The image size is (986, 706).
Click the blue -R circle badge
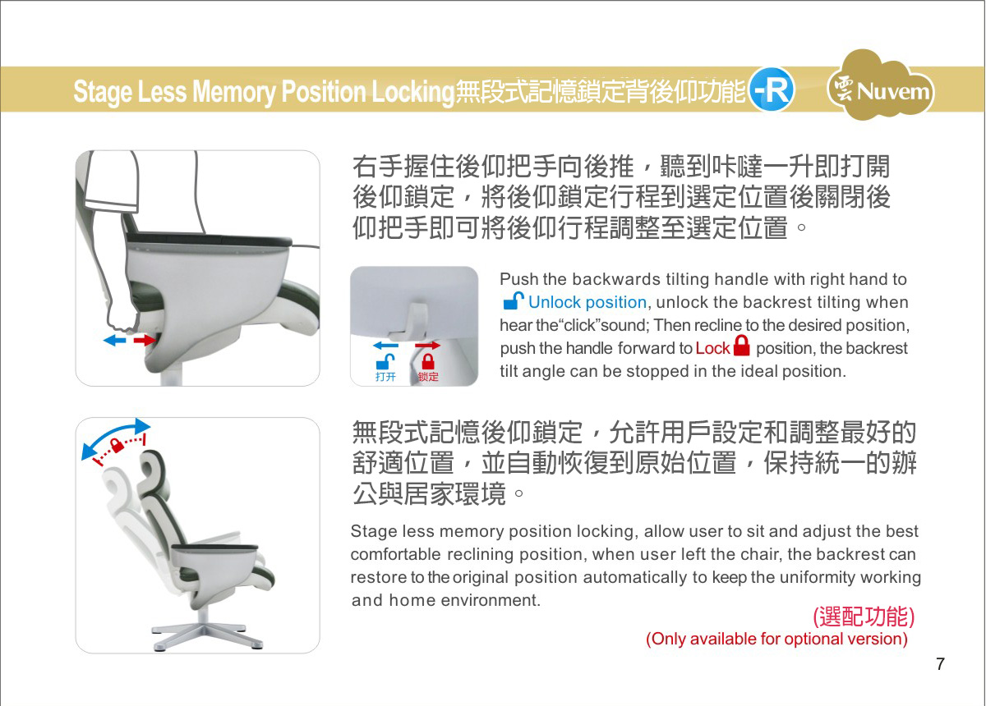[x=772, y=89]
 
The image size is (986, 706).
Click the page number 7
[x=940, y=664]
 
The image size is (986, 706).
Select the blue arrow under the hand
[x=114, y=340]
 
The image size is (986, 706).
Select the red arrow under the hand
[x=145, y=340]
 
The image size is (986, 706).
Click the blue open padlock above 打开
[x=385, y=362]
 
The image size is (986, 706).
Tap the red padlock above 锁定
[x=428, y=362]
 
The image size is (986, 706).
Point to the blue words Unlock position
[x=587, y=303]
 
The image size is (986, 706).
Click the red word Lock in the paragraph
[x=712, y=348]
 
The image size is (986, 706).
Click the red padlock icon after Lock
[x=742, y=346]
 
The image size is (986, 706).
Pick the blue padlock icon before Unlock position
[x=514, y=301]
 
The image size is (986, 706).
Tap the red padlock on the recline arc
[x=117, y=445]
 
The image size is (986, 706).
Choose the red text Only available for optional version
[x=777, y=639]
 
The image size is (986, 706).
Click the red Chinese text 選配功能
[x=864, y=617]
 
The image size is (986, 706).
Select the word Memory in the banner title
[x=233, y=91]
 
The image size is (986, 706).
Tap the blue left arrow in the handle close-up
[x=385, y=346]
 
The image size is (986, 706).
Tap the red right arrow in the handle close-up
[x=428, y=346]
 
